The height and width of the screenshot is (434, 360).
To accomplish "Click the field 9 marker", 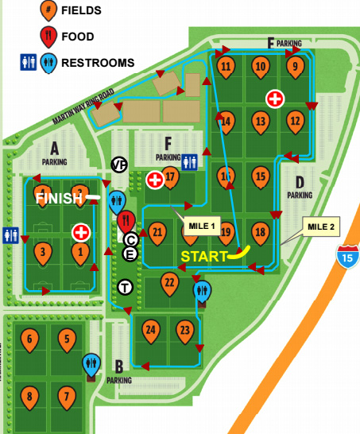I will pos(295,66).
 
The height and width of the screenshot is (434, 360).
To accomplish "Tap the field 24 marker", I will pos(151,328).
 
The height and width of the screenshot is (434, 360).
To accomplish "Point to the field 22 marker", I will pos(168,281).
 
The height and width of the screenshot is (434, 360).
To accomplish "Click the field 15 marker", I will pos(261,176).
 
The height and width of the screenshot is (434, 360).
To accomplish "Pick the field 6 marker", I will pos(30,339).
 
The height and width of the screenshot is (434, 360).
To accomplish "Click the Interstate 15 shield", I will pos(346,257).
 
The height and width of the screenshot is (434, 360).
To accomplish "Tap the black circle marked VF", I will pos(119,165).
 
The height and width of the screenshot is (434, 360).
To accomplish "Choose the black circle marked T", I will pos(125,286).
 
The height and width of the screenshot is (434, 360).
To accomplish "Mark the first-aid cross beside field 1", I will pos(80,232).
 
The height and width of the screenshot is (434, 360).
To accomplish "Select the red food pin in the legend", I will pos(48,36).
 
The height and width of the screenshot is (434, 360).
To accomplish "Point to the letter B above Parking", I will pos(118,366).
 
